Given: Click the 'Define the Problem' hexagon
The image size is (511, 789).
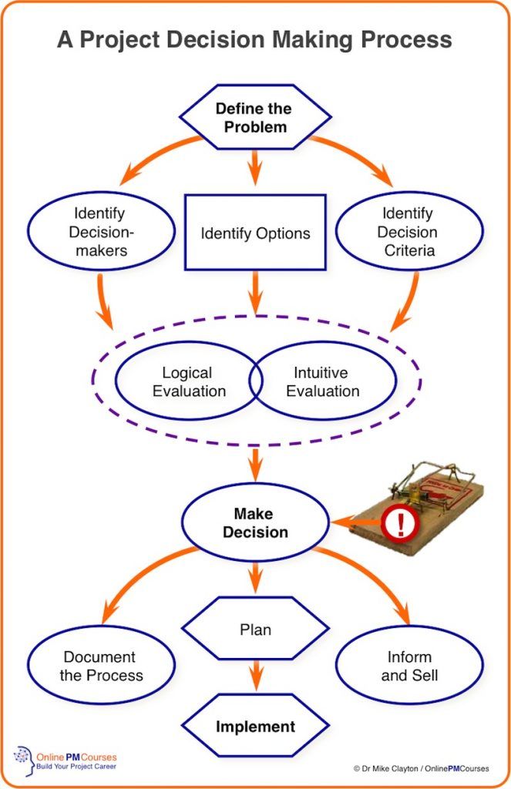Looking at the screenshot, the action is [x=255, y=117].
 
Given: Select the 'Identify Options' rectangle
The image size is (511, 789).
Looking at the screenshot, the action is [x=255, y=233].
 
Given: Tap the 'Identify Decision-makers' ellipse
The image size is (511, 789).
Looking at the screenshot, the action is [x=101, y=231].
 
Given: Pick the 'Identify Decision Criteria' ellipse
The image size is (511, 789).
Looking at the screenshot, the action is [x=408, y=231].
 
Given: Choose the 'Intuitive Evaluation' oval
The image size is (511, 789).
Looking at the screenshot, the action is [x=323, y=381].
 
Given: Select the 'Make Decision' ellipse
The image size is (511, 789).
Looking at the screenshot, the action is [x=255, y=522].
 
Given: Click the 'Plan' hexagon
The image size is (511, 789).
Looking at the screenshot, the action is [x=255, y=629].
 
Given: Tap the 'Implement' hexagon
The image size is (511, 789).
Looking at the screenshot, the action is [x=255, y=726].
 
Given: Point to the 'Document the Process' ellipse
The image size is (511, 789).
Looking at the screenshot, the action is [x=101, y=665].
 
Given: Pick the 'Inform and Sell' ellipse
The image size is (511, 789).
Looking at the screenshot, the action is [x=408, y=665].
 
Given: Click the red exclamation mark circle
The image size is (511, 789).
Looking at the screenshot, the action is [x=400, y=523].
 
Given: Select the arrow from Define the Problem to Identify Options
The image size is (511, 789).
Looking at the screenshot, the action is [x=255, y=167].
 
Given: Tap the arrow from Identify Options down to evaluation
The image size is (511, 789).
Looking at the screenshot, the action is [x=256, y=292].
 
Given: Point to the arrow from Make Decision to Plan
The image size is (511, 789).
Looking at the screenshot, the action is [x=256, y=578].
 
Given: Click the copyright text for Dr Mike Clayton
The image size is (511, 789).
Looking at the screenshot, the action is [x=421, y=768].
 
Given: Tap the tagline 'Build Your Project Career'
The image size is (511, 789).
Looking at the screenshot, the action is [x=76, y=767].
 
